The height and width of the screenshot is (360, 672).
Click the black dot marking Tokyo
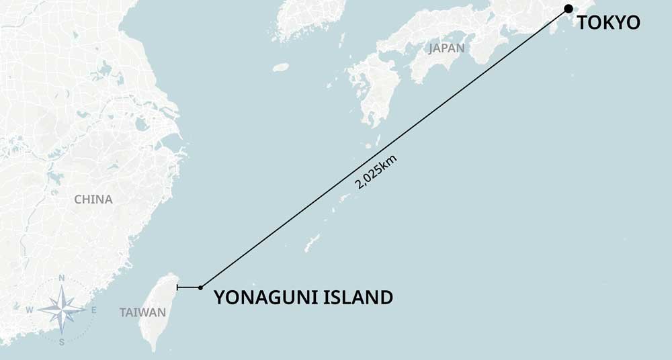(x=569, y=8)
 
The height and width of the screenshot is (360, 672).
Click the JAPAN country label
(x=446, y=48)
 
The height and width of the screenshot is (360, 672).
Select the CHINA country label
(x=93, y=199)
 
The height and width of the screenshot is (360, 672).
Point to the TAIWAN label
(x=142, y=312)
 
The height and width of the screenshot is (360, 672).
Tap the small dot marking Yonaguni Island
(x=200, y=287)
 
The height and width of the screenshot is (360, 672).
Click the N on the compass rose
(x=62, y=278)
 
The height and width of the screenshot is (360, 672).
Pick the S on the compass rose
(x=61, y=342)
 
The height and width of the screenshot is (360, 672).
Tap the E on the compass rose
(x=93, y=310)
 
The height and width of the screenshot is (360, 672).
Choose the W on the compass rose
(x=30, y=310)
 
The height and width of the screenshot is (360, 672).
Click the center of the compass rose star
(x=62, y=310)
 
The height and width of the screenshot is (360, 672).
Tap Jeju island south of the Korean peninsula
(x=281, y=67)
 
